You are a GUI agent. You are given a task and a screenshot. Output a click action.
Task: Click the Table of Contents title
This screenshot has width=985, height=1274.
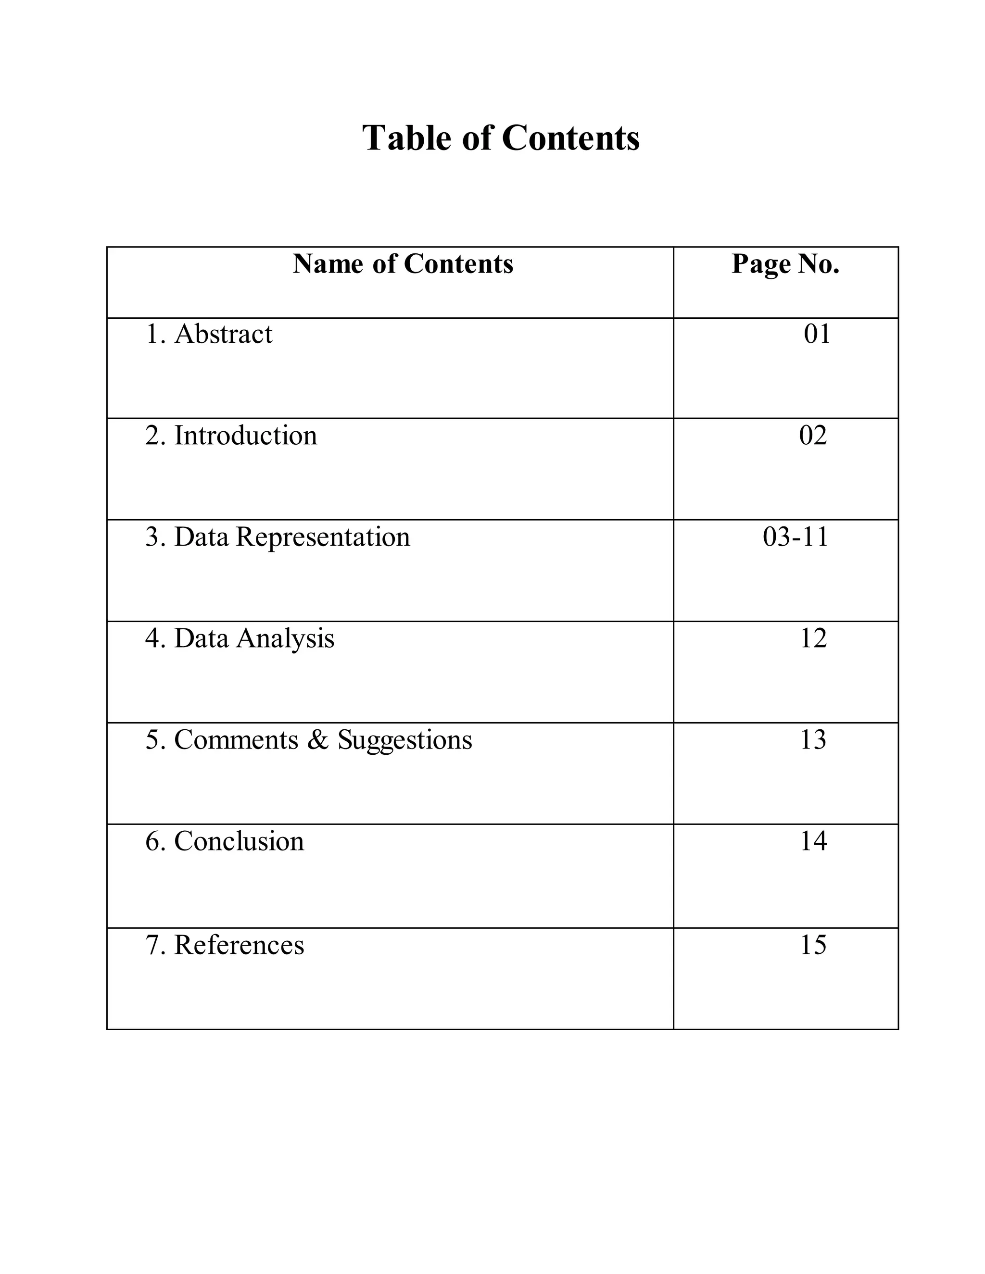[501, 138]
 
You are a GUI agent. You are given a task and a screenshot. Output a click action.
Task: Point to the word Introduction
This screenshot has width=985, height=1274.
[246, 436]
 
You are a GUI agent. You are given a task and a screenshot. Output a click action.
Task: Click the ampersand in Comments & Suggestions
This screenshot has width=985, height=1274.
[317, 740]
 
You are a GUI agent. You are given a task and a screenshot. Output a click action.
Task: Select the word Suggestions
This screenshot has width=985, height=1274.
[405, 740]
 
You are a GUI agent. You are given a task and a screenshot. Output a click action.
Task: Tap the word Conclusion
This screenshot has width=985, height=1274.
[239, 842]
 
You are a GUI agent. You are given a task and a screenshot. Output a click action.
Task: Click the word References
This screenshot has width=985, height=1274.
[239, 945]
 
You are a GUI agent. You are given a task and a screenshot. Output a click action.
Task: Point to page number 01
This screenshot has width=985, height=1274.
[817, 334]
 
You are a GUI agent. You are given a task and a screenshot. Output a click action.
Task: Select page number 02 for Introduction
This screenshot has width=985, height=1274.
[813, 436]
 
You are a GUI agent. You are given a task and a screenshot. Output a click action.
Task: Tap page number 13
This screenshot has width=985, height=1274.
[813, 740]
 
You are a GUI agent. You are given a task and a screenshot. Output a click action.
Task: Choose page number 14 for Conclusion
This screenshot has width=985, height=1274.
[813, 842]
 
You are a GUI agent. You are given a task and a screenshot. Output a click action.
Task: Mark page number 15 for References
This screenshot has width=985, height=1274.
[813, 945]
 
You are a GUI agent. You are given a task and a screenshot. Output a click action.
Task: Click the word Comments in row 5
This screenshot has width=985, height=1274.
[236, 740]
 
